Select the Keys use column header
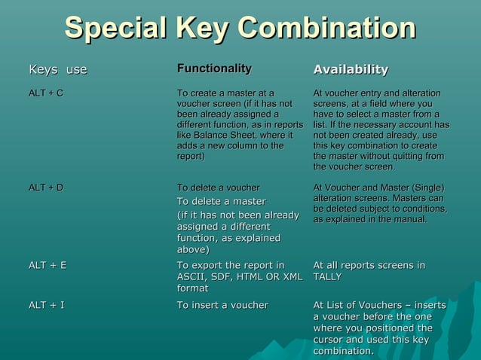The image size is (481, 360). (x=58, y=70)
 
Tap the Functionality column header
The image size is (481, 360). (x=214, y=69)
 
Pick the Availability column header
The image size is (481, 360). (x=351, y=69)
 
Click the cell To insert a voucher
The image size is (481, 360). (x=222, y=305)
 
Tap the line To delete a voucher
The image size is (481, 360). (x=218, y=188)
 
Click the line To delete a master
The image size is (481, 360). (x=221, y=201)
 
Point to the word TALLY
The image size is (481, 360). (x=327, y=277)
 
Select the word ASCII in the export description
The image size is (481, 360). (x=192, y=277)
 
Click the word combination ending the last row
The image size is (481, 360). (x=342, y=352)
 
